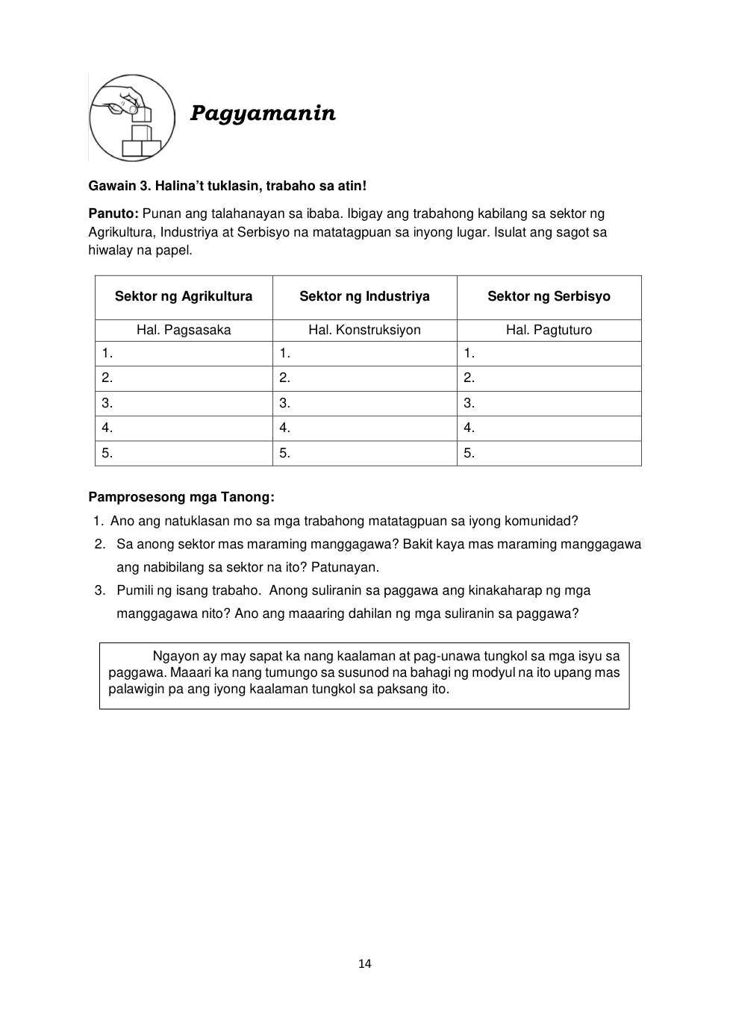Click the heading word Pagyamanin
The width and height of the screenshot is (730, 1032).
(263, 113)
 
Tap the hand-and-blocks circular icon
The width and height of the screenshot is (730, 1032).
(132, 118)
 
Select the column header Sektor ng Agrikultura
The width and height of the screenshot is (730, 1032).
(184, 296)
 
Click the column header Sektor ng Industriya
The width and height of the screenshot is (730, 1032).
(364, 296)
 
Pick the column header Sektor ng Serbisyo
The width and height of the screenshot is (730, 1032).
(549, 296)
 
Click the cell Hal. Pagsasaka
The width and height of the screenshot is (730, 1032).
(184, 330)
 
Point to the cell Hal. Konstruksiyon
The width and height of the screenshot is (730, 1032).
(364, 330)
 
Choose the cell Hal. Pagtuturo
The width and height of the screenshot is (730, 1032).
(549, 330)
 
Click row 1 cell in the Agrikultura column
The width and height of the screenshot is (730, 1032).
(184, 354)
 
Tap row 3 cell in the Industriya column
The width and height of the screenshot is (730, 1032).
(364, 404)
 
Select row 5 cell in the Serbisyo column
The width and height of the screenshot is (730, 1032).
(549, 454)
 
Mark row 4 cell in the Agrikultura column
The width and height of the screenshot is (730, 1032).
(184, 428)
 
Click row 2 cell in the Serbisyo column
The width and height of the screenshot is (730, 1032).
(549, 378)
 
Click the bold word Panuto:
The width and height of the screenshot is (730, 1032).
(113, 214)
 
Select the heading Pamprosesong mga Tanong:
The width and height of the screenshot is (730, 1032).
(181, 497)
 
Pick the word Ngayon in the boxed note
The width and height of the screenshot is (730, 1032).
(175, 657)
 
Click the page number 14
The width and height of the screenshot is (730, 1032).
(364, 964)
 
